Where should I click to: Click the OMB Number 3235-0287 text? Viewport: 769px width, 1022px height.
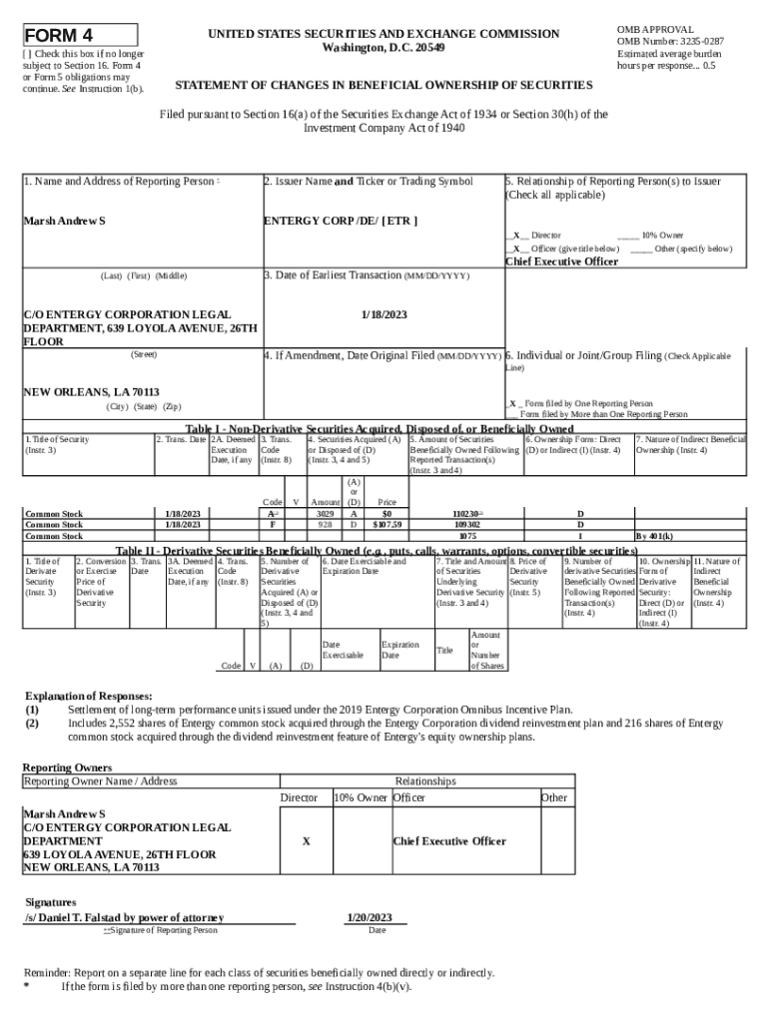coord(670,42)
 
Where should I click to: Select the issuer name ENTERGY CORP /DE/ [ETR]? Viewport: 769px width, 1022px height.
coord(340,221)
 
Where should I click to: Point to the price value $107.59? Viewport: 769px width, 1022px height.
coord(386,524)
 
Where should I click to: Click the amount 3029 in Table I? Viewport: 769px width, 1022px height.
coord(325,514)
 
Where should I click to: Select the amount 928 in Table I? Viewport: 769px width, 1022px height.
coord(325,524)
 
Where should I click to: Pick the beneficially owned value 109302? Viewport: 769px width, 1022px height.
coord(466,524)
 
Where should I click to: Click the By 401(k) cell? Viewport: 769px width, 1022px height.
coord(654,535)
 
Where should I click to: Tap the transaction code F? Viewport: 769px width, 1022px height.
coord(272,524)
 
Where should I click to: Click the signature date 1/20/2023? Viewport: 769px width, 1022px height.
coord(369,917)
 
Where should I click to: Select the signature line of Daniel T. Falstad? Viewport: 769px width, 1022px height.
coord(124,917)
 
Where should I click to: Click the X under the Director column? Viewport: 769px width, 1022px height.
coord(306,841)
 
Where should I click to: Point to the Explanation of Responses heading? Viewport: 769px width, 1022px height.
coord(88,696)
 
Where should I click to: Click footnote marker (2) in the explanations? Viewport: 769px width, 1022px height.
coord(32,724)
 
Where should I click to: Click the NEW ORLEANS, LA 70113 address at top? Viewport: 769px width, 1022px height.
coord(78,392)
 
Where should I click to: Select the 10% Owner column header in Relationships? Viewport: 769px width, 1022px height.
coord(360,797)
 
